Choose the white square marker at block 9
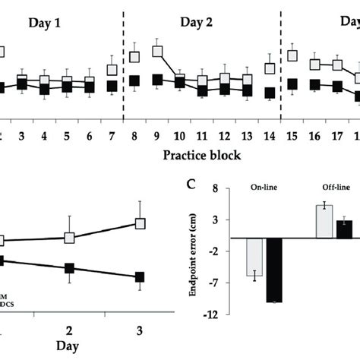[x=158, y=52]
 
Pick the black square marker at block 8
[x=134, y=81]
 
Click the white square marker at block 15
[x=292, y=55]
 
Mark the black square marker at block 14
[x=270, y=93]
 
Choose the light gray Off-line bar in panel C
[x=324, y=221]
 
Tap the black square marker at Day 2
[x=70, y=268]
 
